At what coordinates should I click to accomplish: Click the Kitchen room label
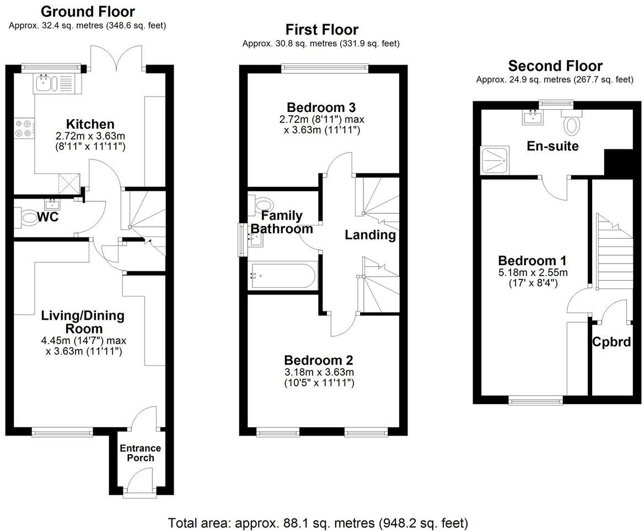click(x=90, y=124)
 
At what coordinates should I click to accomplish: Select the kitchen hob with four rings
click(x=23, y=128)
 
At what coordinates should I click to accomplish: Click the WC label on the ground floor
click(x=47, y=217)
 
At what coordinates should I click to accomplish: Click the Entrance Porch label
click(x=141, y=453)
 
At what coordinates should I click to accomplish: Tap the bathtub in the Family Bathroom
click(x=282, y=274)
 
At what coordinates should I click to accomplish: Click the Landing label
click(x=370, y=235)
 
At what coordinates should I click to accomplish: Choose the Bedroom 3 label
click(x=321, y=107)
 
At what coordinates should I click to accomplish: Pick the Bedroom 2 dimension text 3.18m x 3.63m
click(x=319, y=372)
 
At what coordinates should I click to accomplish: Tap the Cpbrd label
click(x=611, y=342)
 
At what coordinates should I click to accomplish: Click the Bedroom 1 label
click(x=533, y=261)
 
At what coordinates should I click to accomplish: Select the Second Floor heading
click(x=555, y=66)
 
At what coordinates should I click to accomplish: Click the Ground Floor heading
click(x=88, y=12)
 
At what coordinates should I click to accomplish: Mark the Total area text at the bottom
click(x=318, y=522)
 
